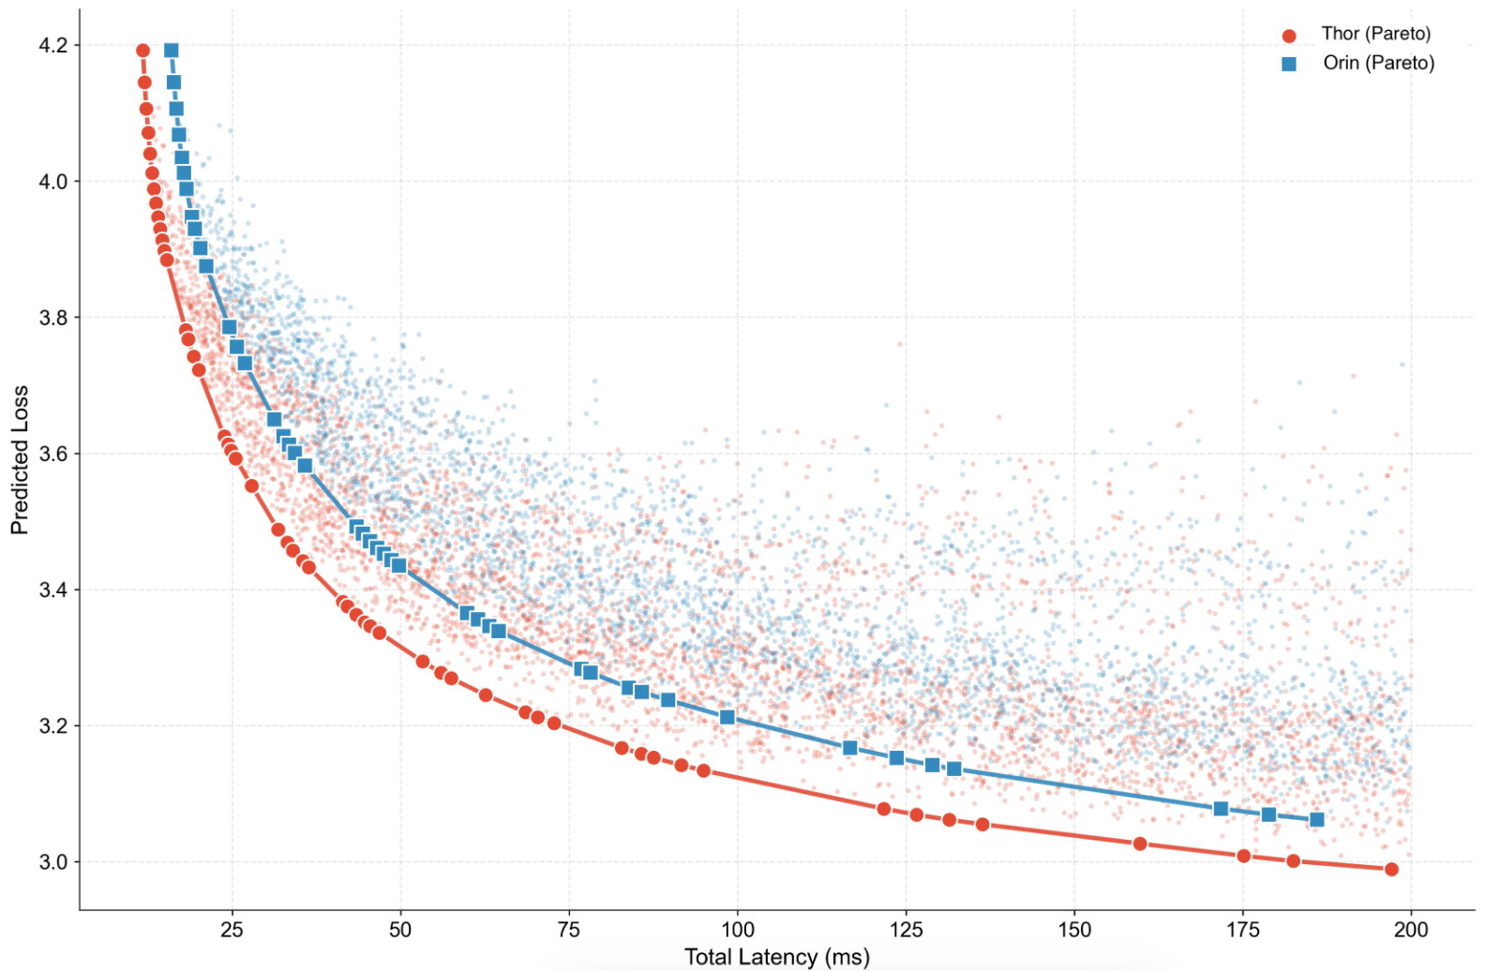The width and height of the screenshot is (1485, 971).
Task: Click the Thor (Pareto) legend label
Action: tap(1375, 34)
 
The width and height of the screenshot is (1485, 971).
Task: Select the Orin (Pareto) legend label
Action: tap(1378, 63)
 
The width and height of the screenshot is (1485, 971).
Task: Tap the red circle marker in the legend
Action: tap(1289, 36)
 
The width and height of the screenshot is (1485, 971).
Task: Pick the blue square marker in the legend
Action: tap(1289, 64)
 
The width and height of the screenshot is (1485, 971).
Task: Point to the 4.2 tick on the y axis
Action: tap(53, 46)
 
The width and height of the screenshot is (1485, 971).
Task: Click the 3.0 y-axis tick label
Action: tap(53, 862)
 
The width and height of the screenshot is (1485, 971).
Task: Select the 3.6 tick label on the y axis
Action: tap(53, 455)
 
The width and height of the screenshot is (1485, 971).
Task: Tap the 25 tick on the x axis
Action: tap(231, 930)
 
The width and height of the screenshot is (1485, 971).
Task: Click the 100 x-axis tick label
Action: tap(737, 930)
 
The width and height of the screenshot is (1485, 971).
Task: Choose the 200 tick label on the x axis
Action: tap(1411, 930)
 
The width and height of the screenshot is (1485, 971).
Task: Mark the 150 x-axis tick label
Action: tap(1074, 930)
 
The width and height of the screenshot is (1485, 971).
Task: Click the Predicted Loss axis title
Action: tap(20, 459)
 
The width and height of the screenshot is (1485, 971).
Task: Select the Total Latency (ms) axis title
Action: tap(776, 957)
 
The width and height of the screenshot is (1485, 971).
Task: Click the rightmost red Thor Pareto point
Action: tap(1391, 870)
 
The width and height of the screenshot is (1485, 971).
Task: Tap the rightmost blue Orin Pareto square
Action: tap(1316, 820)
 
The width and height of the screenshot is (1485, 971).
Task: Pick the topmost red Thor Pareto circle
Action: tap(142, 51)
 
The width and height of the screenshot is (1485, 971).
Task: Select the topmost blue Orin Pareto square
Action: tap(171, 51)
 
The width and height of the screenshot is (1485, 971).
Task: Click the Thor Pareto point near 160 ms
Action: tap(1140, 844)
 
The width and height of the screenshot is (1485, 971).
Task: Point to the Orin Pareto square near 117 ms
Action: tap(850, 748)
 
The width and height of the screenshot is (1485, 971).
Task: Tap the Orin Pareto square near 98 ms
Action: tap(727, 717)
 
